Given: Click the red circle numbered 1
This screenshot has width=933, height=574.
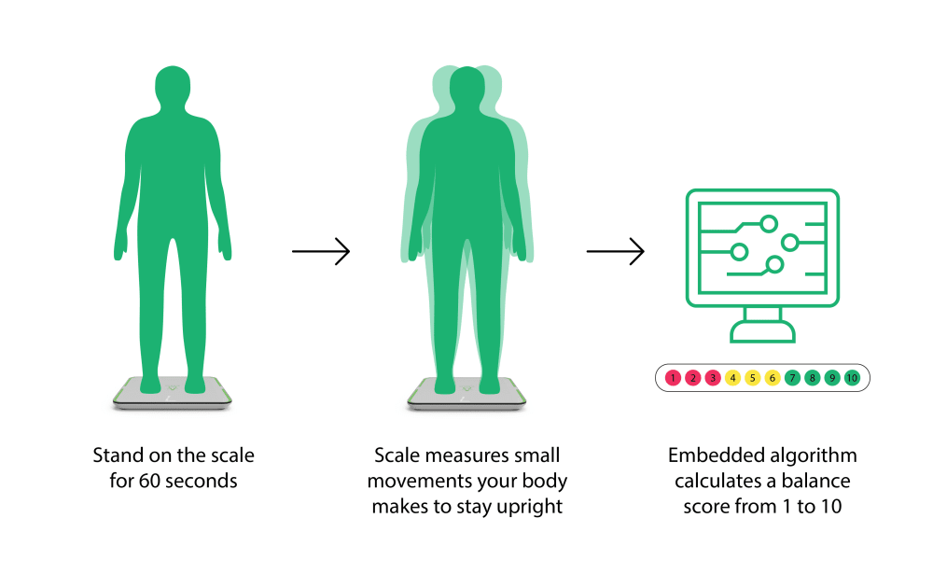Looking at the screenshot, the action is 673,378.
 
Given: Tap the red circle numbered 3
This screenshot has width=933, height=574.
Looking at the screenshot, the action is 713,378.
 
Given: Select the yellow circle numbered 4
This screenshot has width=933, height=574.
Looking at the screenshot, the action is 732,378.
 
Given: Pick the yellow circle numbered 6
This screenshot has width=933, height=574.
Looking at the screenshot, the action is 773,378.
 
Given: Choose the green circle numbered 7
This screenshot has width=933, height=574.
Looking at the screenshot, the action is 792,378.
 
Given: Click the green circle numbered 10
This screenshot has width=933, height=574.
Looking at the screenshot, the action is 852,378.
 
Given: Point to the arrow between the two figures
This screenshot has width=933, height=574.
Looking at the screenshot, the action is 320,251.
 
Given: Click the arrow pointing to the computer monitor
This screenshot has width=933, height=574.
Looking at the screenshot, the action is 615,251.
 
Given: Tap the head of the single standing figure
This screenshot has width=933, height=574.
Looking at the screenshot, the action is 174,89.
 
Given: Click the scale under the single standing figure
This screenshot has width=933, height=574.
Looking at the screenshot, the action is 174,396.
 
